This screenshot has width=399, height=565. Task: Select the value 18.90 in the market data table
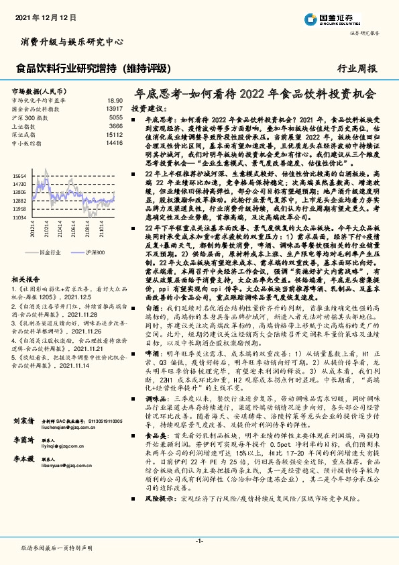(x=115, y=99)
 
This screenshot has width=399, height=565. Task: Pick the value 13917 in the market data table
(x=114, y=108)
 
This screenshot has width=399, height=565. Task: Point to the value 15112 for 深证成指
(x=114, y=134)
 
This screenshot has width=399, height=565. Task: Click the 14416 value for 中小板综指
(x=114, y=143)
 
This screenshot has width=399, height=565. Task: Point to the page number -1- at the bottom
(x=199, y=540)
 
